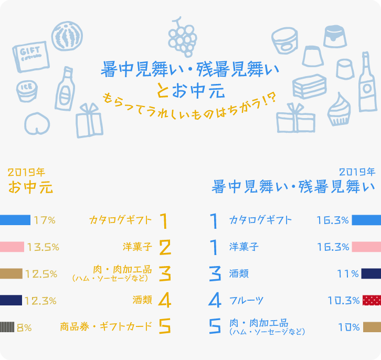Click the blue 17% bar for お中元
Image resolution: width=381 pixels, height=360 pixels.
coord(15,220)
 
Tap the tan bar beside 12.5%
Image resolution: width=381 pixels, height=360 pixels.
coord(11,273)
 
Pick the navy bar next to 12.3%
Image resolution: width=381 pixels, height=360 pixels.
coord(11,300)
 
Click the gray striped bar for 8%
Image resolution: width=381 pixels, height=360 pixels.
coord(7,327)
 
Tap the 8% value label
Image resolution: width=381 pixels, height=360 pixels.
coord(24,327)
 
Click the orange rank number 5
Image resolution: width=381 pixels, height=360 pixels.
coord(165,327)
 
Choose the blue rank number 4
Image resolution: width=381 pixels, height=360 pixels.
coord(214,300)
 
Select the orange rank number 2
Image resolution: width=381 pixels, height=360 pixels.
coord(165,247)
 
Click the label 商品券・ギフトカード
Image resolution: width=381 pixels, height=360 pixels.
coord(105,327)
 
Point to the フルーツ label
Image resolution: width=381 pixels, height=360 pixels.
coord(246,301)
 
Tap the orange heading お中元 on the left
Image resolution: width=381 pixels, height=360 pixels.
coord(30,187)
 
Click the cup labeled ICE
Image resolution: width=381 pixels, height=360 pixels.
coord(26,91)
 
